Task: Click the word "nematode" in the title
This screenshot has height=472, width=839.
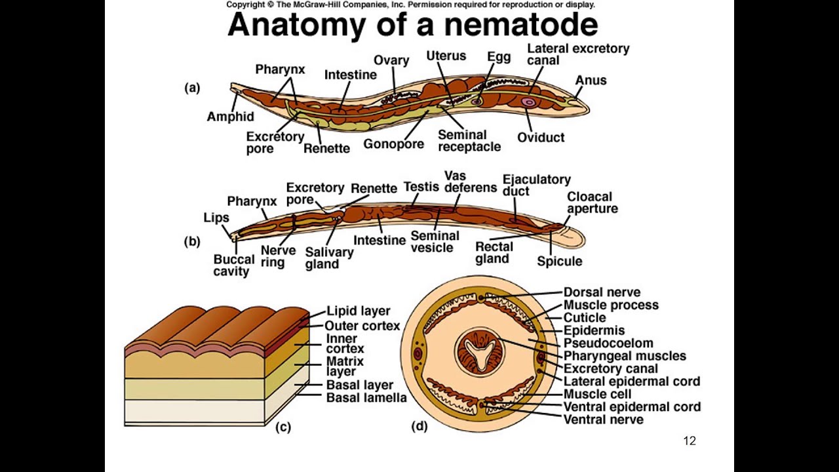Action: coord(520,25)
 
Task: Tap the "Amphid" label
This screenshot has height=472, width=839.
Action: coord(230,117)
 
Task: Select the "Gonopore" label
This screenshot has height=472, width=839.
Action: coord(393,144)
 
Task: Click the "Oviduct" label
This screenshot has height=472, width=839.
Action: coord(540,138)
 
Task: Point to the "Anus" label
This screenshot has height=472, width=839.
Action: coord(591,80)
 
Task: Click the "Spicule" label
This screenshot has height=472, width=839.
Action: coord(559,261)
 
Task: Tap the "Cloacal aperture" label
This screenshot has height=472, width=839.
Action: coord(592,203)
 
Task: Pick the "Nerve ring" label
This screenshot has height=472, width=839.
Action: coord(273,256)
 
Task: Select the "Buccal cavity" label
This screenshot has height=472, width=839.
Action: coord(233,265)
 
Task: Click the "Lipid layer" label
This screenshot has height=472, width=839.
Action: coord(358,311)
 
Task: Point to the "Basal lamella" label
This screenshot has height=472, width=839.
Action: coord(366,397)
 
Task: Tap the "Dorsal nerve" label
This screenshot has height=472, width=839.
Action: coord(602,292)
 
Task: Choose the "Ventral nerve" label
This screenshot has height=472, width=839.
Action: coord(603,419)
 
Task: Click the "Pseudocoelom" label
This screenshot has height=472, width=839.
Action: coord(608,343)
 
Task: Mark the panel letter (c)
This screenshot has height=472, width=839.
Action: coord(283,427)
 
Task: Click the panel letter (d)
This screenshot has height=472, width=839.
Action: coord(419,427)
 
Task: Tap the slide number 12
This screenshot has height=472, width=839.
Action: coord(689,441)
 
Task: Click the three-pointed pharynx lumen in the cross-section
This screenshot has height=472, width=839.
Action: coord(483,352)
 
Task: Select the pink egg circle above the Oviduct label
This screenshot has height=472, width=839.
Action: coord(528,102)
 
